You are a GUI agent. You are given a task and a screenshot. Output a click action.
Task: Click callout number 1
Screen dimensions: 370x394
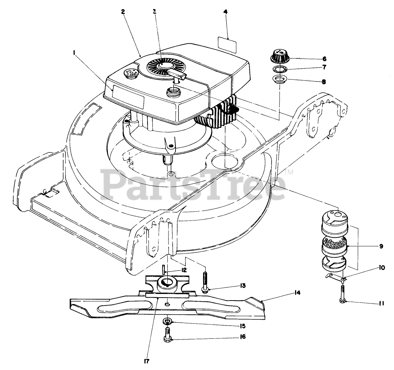(x=74, y=53)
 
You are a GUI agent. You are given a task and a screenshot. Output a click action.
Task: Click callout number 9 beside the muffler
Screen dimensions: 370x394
(x=381, y=246)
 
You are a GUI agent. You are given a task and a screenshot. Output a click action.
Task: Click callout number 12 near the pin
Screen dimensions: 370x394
(x=183, y=270)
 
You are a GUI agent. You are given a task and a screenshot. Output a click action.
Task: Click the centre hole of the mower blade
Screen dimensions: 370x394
(x=167, y=304)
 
